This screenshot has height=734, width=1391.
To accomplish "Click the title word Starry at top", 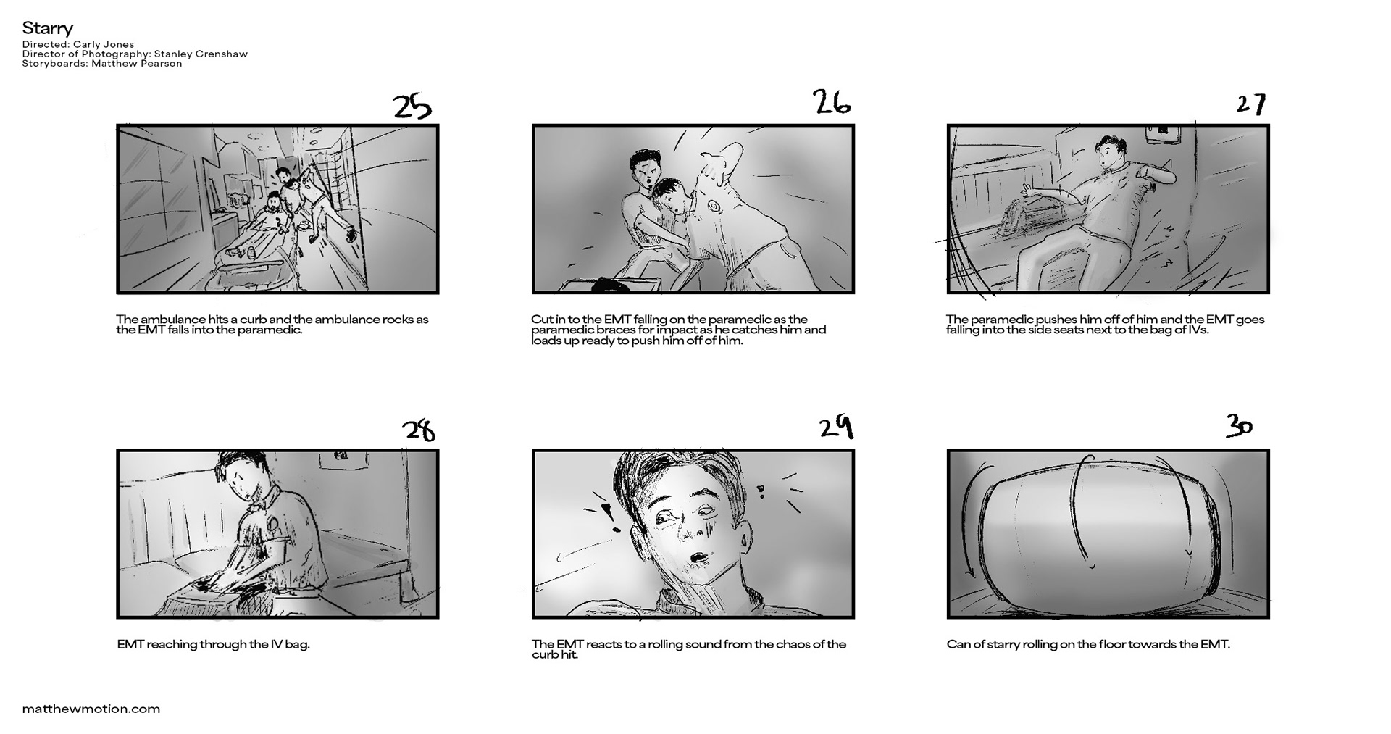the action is pyautogui.click(x=48, y=28).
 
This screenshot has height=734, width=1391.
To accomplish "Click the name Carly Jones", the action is pyautogui.click(x=104, y=44).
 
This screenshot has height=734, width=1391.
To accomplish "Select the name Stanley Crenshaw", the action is pyautogui.click(x=201, y=54).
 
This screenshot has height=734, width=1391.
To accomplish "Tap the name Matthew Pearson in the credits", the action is pyautogui.click(x=137, y=63).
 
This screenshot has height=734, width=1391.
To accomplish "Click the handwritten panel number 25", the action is pyautogui.click(x=412, y=107).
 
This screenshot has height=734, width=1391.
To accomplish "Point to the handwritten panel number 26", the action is pyautogui.click(x=831, y=102).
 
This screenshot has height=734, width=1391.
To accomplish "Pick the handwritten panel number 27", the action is pyautogui.click(x=1251, y=105).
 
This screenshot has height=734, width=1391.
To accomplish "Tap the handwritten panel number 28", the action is pyautogui.click(x=419, y=430).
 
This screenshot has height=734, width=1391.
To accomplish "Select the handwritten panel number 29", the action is pyautogui.click(x=837, y=428).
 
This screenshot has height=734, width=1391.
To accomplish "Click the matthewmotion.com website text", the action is pyautogui.click(x=91, y=709).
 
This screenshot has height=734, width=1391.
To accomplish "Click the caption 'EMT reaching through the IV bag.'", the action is pyautogui.click(x=213, y=644).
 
